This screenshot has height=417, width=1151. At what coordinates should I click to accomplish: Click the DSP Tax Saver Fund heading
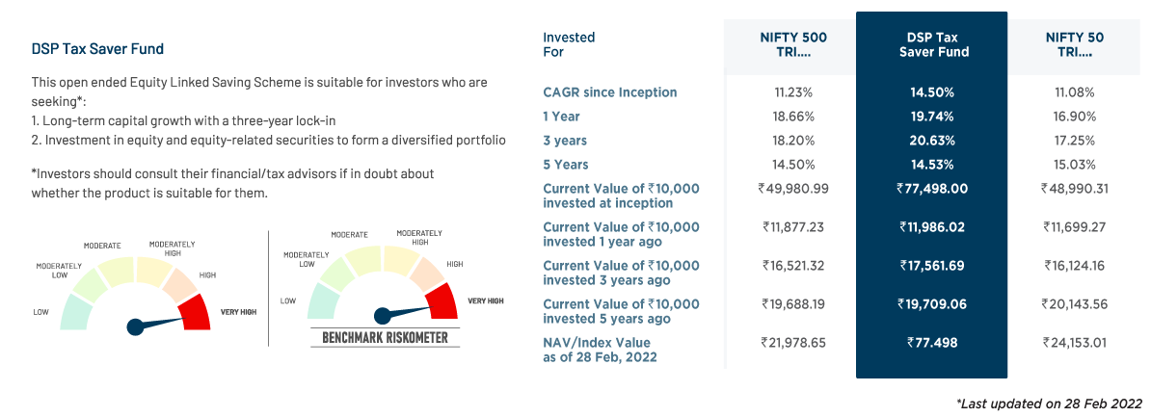click(97, 48)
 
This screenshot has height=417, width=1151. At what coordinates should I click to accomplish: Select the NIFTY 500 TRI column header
click(793, 44)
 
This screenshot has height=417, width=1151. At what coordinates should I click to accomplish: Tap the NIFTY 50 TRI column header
click(1075, 44)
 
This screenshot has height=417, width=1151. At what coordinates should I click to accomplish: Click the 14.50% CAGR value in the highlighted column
click(932, 92)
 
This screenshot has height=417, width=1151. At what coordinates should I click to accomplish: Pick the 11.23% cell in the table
click(793, 92)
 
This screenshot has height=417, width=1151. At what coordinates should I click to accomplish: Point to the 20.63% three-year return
click(932, 140)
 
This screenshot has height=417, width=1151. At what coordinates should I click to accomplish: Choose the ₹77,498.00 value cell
click(931, 189)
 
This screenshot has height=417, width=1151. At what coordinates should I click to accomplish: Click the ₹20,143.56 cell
click(1075, 304)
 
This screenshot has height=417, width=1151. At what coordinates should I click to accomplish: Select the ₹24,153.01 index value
click(1075, 343)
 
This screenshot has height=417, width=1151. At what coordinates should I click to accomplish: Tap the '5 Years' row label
click(566, 164)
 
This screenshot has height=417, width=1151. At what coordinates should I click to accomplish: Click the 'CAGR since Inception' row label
click(609, 92)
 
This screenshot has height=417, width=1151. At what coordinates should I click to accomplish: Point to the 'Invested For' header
click(569, 44)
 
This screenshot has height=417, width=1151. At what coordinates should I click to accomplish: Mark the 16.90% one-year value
click(1075, 116)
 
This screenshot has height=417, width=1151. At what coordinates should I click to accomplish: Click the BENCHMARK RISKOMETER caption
click(386, 338)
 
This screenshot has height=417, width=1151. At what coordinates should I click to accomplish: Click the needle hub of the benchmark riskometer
click(382, 315)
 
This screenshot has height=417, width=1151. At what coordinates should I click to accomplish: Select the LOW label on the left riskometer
click(40, 312)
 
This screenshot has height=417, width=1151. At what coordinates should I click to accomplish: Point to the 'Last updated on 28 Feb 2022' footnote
click(1049, 403)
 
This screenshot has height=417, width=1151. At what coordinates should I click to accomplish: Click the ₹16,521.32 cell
click(793, 266)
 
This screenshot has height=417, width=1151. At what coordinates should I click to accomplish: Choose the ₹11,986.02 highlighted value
click(931, 227)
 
